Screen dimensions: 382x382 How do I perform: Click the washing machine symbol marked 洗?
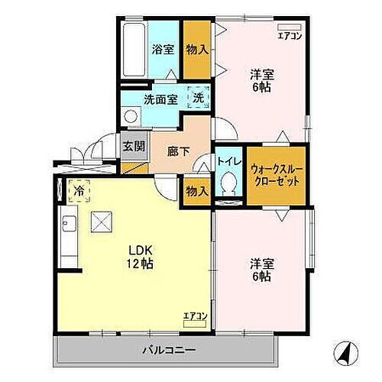(x=198, y=98)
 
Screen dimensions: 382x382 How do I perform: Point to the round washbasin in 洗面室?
(x=130, y=116)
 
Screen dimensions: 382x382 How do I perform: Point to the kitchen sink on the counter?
(x=66, y=225)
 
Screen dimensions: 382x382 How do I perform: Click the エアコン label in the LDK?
(x=194, y=315)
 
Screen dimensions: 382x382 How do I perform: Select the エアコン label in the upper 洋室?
(x=290, y=35)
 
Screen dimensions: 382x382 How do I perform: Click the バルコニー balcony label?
(x=169, y=351)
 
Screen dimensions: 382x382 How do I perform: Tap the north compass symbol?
(x=343, y=353)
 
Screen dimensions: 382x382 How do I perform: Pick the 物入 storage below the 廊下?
(x=196, y=191)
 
